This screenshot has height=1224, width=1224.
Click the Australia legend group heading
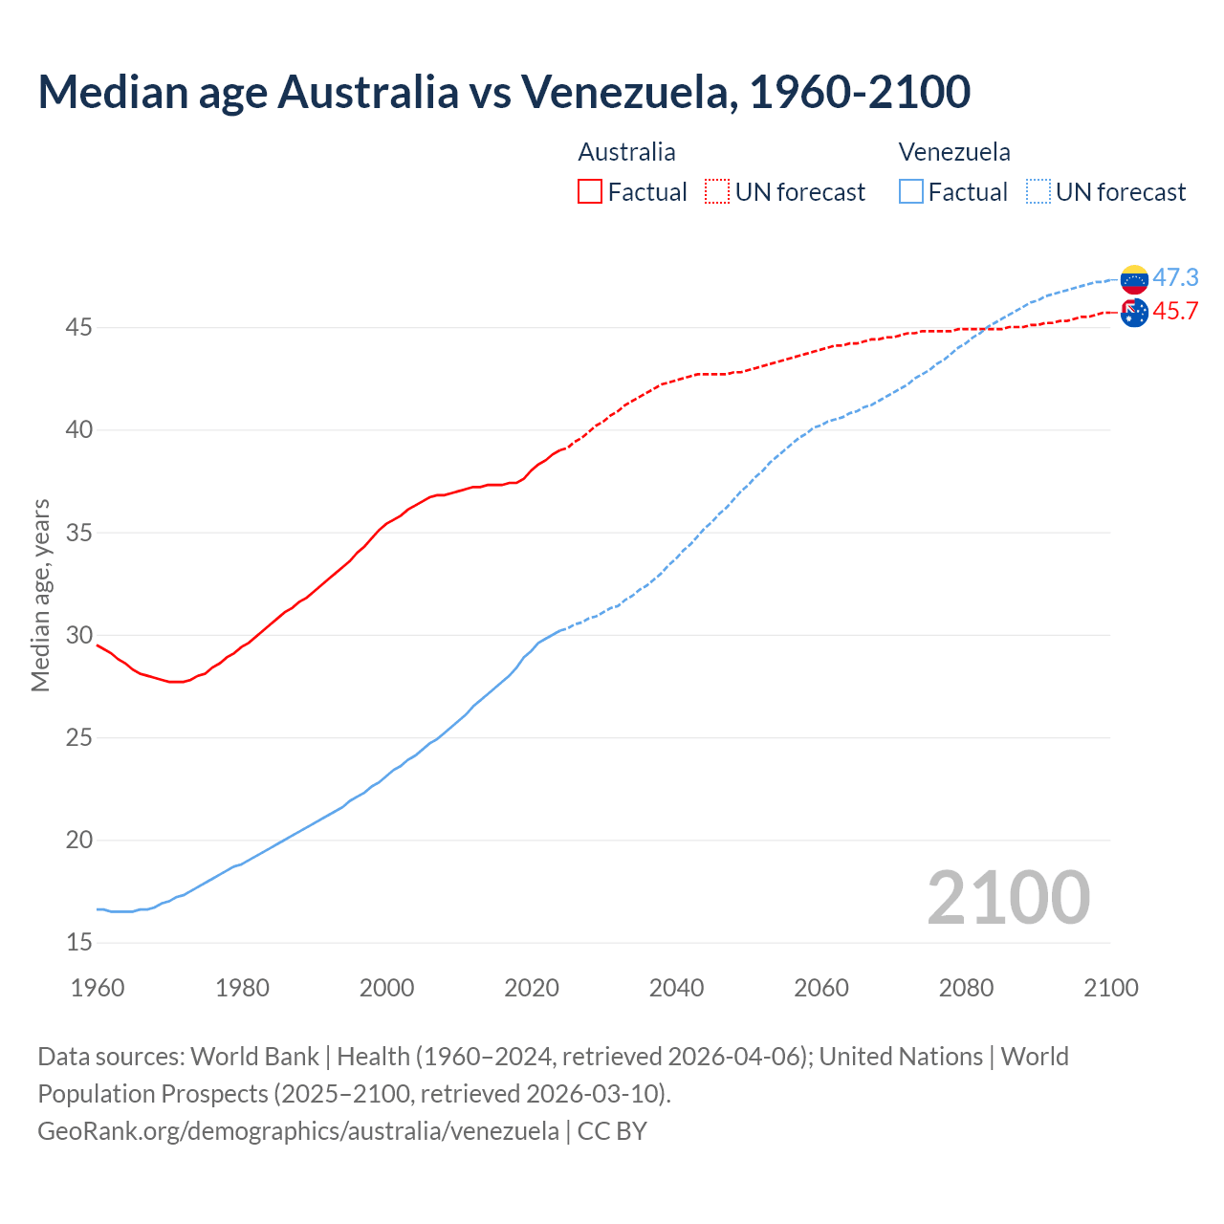tap(626, 152)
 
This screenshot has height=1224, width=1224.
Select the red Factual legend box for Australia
tap(590, 191)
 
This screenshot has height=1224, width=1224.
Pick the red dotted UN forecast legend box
tap(717, 191)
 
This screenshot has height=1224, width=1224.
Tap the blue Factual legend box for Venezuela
tap(911, 191)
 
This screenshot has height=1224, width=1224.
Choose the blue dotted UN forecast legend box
tap(1038, 191)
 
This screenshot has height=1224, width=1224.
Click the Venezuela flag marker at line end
tap(1134, 279)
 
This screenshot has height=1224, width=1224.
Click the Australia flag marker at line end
tap(1134, 313)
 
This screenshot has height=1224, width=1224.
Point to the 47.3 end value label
tap(1175, 277)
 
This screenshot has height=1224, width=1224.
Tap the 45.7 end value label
tap(1175, 311)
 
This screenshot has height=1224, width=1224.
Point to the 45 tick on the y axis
tap(79, 327)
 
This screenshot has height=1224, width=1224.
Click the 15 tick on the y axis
tap(79, 943)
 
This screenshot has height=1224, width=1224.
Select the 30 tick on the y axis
tap(79, 635)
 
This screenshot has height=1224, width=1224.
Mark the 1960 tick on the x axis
tap(98, 988)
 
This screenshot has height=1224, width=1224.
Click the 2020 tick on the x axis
tap(532, 988)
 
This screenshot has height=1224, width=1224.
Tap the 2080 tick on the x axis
tap(966, 988)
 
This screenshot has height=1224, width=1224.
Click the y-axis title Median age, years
tap(40, 595)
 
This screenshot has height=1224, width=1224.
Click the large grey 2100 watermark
tap(1008, 897)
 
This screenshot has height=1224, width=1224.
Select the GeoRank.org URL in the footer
tap(298, 1130)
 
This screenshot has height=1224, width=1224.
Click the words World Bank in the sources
tap(254, 1056)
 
